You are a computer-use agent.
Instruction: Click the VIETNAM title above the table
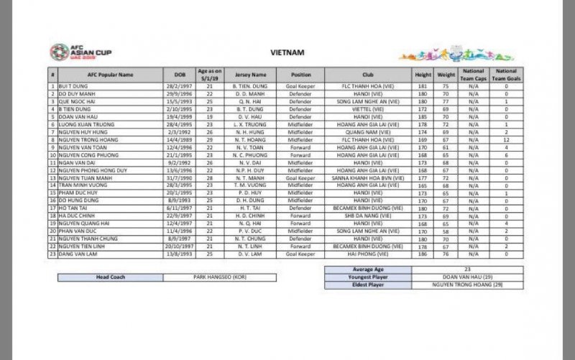(x=287, y=52)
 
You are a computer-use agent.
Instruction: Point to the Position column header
(x=301, y=74)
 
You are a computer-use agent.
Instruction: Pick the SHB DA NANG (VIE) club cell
(x=369, y=216)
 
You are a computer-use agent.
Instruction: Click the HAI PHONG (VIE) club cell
(x=369, y=253)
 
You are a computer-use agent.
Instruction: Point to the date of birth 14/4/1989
(x=179, y=139)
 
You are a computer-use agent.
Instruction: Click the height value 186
(x=423, y=253)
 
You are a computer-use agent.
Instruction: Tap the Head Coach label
(x=109, y=276)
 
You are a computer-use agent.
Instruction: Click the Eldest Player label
(x=369, y=285)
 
